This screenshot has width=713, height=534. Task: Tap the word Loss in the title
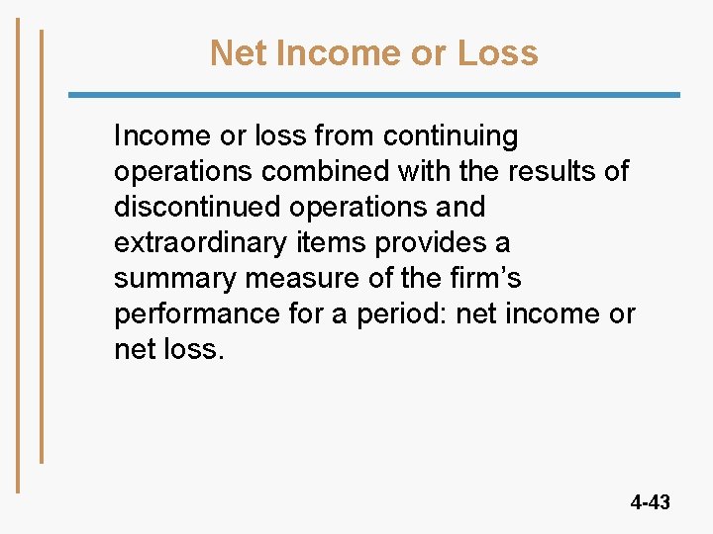498,53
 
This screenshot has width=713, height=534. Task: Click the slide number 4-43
650,502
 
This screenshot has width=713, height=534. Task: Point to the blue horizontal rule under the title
373,95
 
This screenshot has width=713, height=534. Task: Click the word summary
171,279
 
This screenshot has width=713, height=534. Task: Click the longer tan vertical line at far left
18,254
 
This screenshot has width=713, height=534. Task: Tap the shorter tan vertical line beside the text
42,246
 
